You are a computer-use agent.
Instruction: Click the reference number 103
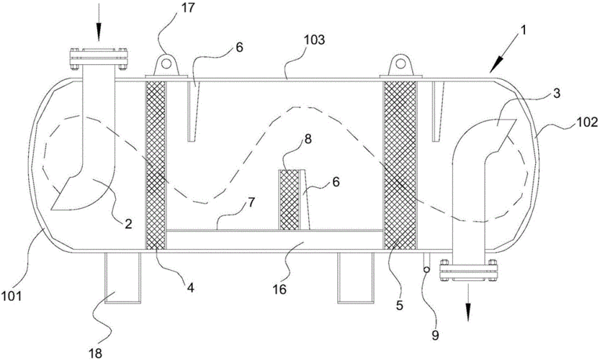tap(314, 40)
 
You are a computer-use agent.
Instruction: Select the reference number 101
tap(11, 296)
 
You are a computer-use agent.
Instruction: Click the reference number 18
tap(96, 353)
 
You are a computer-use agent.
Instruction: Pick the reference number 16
tap(279, 289)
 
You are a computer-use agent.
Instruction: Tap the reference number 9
tap(436, 335)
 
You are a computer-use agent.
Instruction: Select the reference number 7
tap(250, 203)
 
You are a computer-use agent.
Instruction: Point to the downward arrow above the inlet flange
tap(99, 21)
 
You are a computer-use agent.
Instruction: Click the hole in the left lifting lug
tap(166, 63)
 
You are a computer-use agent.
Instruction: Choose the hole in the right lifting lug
tap(400, 63)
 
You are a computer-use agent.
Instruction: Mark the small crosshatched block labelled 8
tap(290, 199)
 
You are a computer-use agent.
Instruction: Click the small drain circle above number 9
tap(426, 270)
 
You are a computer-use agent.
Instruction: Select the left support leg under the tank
tap(122, 278)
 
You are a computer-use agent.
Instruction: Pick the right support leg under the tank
tap(355, 278)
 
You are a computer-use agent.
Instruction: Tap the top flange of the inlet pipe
tap(99, 59)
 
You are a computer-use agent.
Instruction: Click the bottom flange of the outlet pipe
tap(469, 271)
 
